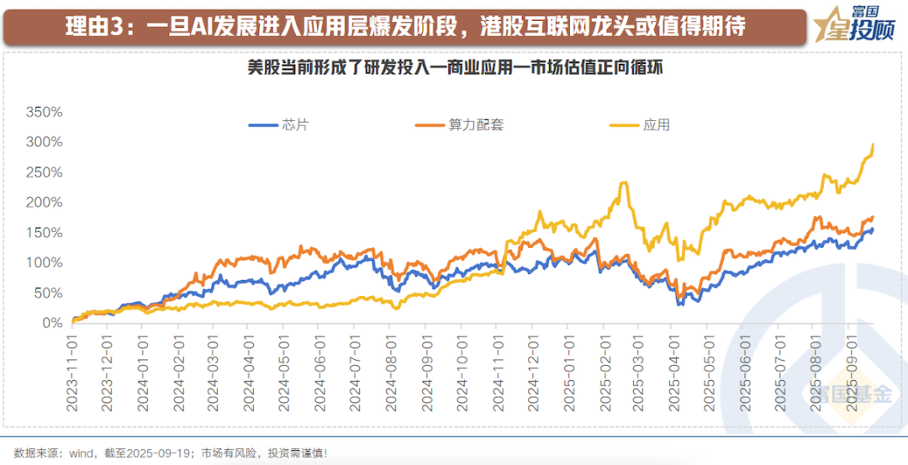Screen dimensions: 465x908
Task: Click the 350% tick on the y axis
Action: [43, 112]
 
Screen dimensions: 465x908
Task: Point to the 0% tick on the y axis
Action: [51, 323]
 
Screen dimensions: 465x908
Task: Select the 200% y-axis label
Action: [43, 203]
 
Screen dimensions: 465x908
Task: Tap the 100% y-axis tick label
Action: [43, 262]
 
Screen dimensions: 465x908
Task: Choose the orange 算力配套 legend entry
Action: [459, 126]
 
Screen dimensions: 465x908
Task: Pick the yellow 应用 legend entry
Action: [640, 126]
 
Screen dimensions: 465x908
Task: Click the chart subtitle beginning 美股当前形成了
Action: [454, 67]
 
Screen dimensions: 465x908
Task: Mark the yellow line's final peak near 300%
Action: [873, 145]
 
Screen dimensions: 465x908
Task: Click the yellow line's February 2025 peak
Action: [623, 182]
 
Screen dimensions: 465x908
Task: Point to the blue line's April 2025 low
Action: [679, 304]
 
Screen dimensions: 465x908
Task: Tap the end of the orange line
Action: [873, 218]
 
